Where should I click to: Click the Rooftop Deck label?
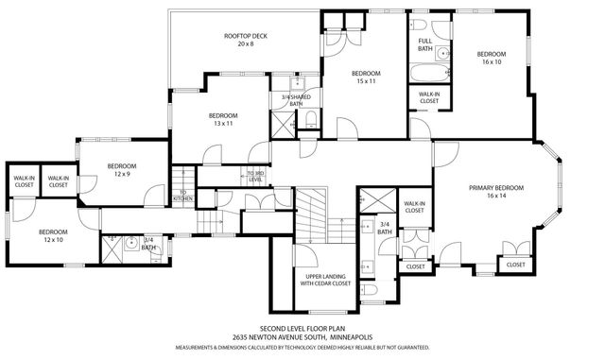coord(245,40)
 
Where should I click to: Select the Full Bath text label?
coord(425,45)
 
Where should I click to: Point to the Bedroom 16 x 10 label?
coord(492,58)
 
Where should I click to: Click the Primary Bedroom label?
coord(495,192)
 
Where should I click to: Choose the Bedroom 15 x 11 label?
coord(366,77)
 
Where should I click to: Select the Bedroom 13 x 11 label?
coord(223,119)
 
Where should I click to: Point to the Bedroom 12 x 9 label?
coord(122,169)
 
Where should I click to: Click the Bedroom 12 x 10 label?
coord(53,235)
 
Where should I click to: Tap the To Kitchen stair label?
coord(182,197)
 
